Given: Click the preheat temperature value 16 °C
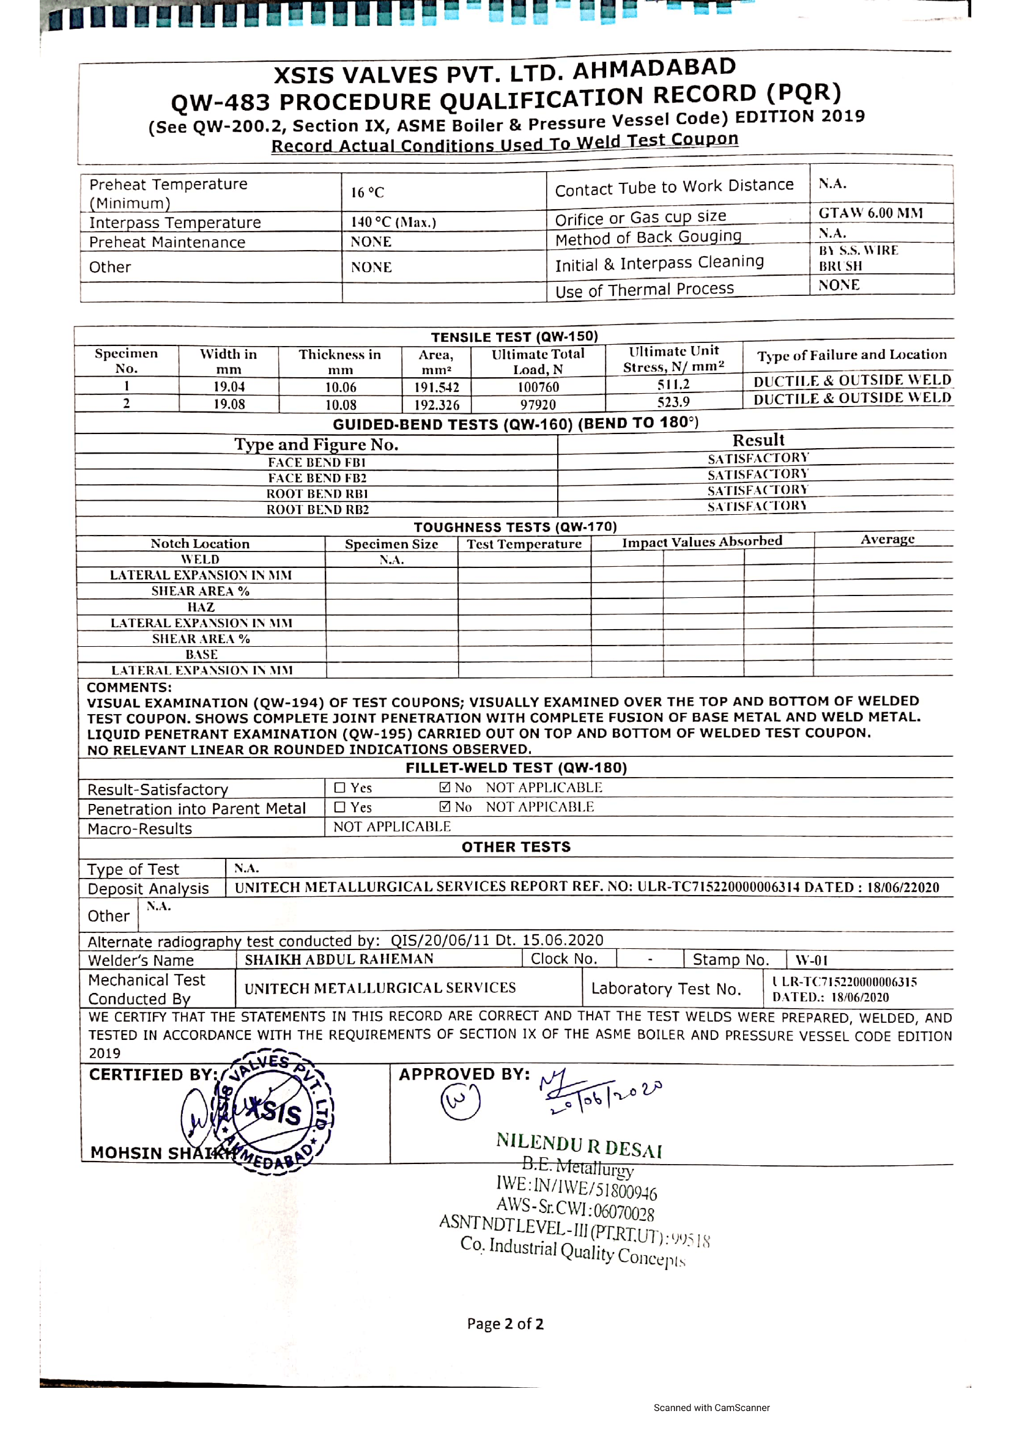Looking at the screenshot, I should coord(367,193).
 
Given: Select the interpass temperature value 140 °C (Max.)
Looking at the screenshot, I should coord(393,223).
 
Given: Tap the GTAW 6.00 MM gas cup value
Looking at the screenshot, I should coord(870,213).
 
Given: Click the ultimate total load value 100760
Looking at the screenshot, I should coord(538,387).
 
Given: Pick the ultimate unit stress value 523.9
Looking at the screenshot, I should coord(673,402).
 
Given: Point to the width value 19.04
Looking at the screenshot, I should coord(229,387).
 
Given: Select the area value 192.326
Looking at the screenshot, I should coord(437,405).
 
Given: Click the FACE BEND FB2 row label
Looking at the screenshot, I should coord(317,477).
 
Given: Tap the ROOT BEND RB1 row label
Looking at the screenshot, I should coord(317,493).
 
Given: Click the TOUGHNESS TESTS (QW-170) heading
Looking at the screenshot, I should coord(515,527).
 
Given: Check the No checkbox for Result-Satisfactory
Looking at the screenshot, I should coord(445,787).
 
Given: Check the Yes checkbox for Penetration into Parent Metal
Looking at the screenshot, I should coord(339,807).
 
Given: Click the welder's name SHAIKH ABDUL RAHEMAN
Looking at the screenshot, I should coord(339,959).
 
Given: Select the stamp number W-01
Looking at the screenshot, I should coord(811,960).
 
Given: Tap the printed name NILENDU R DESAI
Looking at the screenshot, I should coord(579,1144).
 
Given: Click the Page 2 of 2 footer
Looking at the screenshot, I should coord(505,1324).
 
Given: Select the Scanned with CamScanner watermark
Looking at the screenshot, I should coord(711,1407).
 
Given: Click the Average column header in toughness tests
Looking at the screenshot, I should coord(887,539).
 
